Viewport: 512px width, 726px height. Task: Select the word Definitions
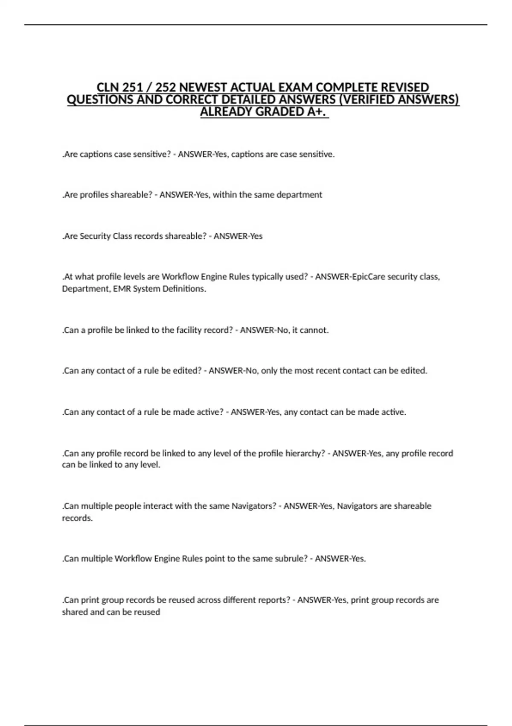(180, 289)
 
